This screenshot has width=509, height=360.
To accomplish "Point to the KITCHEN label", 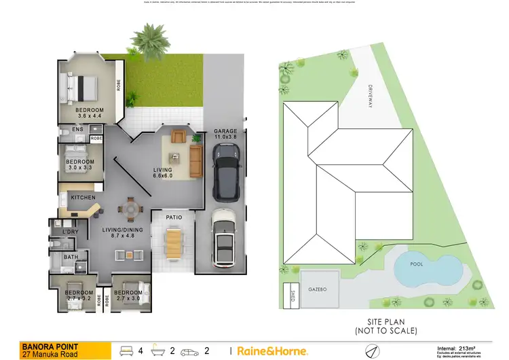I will coord(82,198).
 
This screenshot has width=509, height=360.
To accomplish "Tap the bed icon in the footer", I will coord(126,350).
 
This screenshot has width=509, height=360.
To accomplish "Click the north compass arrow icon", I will coord(370,350).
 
